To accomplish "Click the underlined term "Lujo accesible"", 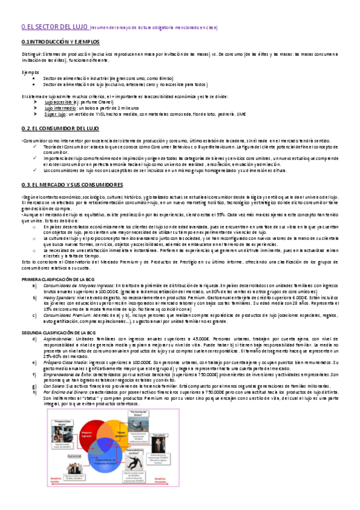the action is coord(59,102).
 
